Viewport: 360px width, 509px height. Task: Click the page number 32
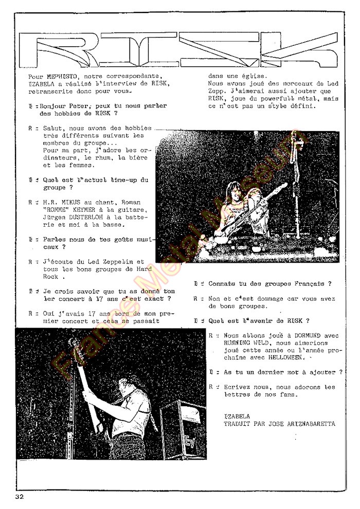pos(20,497)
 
